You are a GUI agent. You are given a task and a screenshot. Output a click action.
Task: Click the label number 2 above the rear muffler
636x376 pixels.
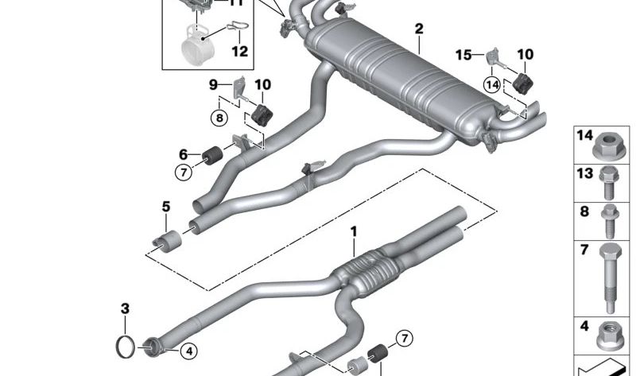pos(418,29)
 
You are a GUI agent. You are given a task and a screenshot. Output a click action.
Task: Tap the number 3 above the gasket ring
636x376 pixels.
pos(125,308)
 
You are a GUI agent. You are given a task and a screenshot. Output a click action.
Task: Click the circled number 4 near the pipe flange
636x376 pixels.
pos(188,350)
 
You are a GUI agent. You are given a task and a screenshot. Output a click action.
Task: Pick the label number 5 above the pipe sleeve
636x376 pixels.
pos(166,207)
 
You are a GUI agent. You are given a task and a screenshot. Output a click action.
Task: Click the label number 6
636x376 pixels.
pos(184,154)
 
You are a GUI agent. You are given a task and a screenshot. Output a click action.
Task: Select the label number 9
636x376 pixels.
pos(213,84)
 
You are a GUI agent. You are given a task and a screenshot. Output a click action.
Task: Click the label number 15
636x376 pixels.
pos(463,54)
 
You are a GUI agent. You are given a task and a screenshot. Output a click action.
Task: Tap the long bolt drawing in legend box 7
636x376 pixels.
pos(611,279)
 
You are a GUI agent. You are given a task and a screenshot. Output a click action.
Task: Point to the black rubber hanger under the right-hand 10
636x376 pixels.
pos(525,83)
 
